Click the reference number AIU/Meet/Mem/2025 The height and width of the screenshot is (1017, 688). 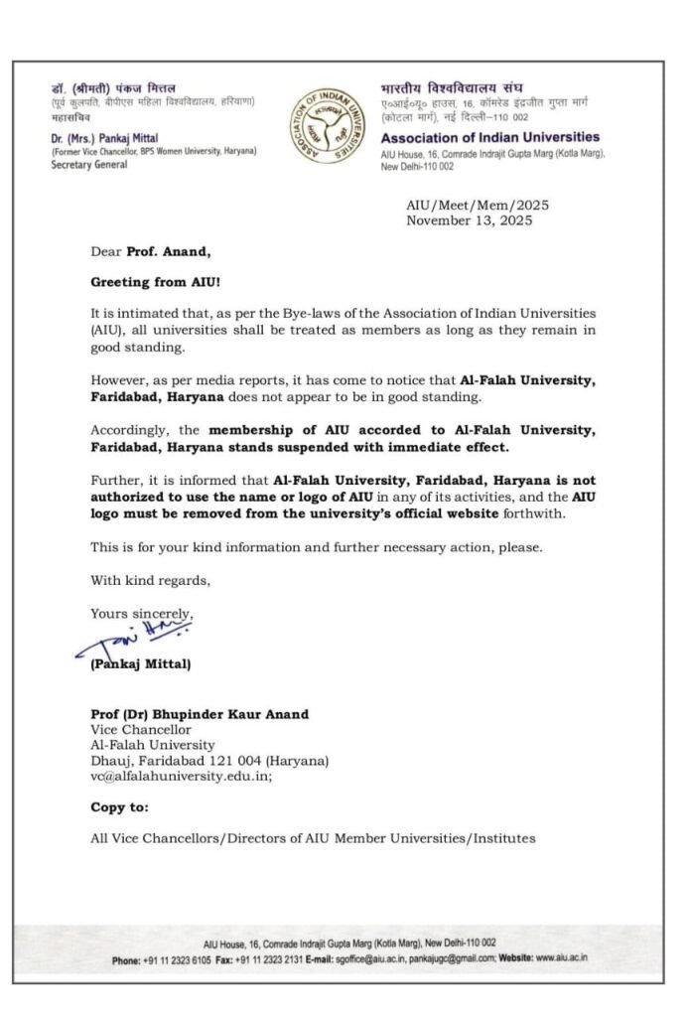[477, 205]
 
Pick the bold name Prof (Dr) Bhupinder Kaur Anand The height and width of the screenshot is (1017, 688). [200, 714]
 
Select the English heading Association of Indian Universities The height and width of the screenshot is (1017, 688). [490, 137]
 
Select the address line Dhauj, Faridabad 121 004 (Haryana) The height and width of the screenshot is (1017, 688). [208, 760]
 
